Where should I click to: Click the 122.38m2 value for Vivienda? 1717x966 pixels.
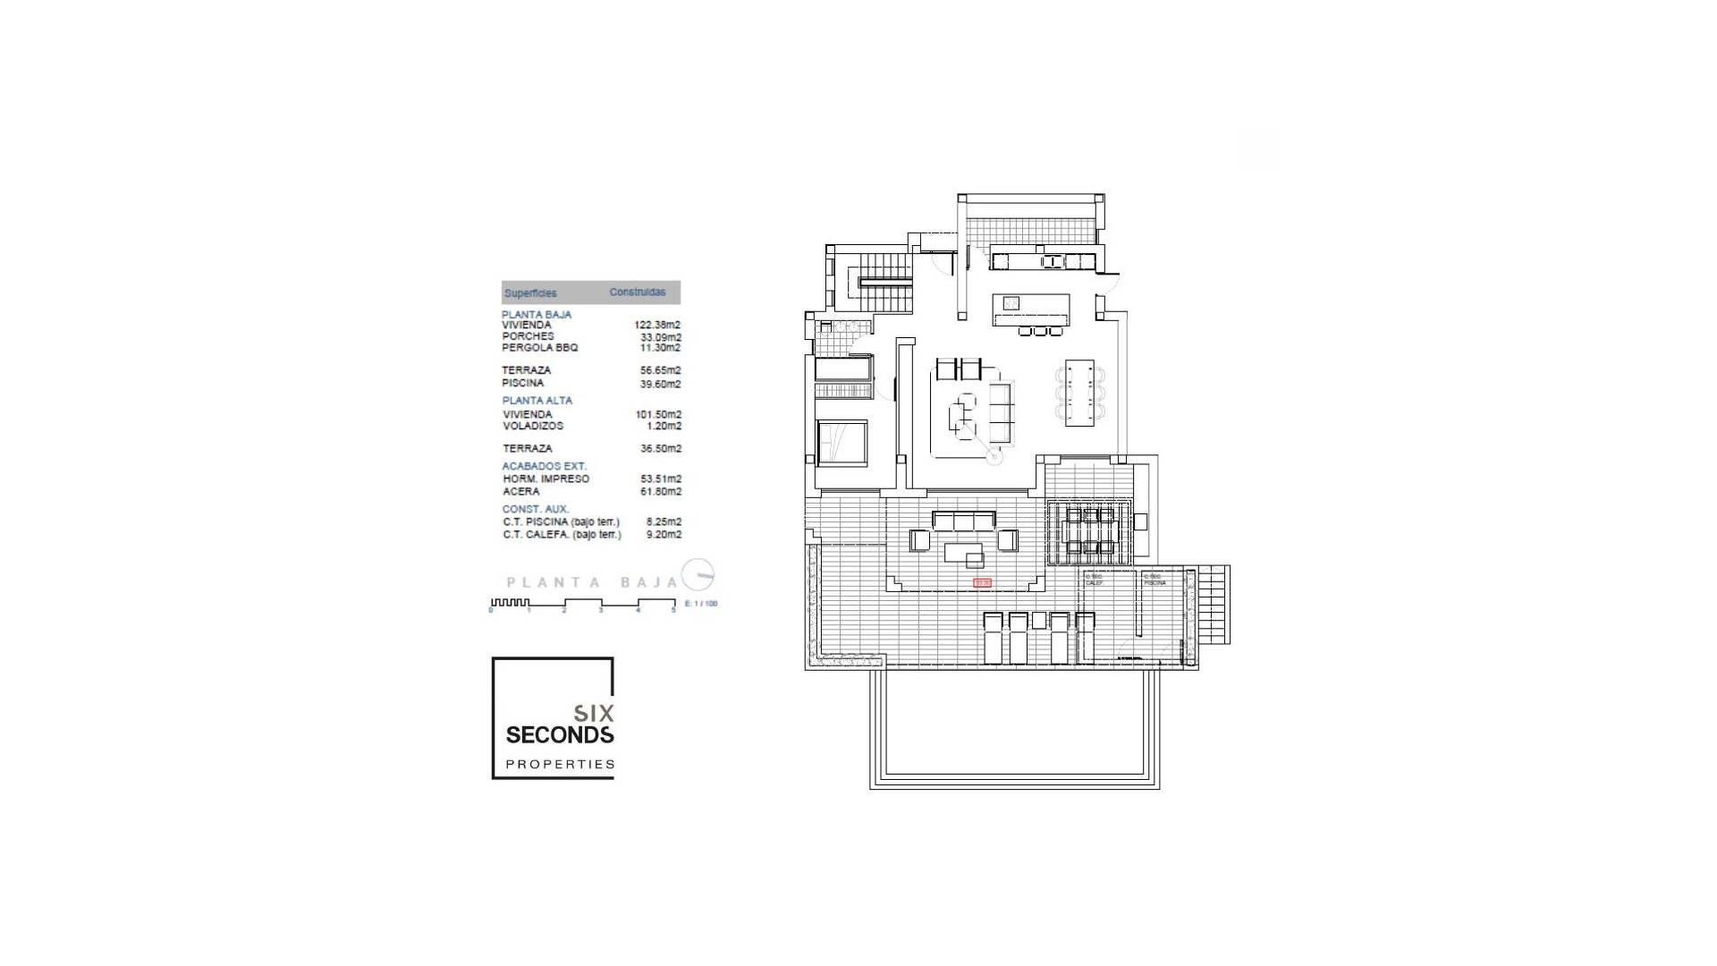(x=657, y=326)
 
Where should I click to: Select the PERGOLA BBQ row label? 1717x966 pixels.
(x=540, y=348)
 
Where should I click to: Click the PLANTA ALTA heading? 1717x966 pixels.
(x=537, y=401)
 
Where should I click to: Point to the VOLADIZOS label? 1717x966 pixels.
(x=533, y=427)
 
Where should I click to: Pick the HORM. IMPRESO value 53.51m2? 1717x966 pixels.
(x=661, y=479)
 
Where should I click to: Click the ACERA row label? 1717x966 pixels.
(x=520, y=492)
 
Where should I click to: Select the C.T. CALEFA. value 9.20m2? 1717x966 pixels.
(x=664, y=535)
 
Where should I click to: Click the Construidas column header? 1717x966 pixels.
(x=638, y=292)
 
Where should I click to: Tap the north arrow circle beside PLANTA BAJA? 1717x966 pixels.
(x=698, y=574)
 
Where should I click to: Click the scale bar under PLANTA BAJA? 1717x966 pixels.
(x=582, y=606)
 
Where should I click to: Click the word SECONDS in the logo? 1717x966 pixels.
(x=560, y=735)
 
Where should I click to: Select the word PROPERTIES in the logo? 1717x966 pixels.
(x=560, y=765)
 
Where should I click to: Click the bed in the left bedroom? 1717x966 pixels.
(x=842, y=443)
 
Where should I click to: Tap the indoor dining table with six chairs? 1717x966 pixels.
(x=1079, y=393)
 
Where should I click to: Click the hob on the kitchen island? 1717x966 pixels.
(x=1011, y=303)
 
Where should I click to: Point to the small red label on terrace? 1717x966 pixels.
(x=983, y=583)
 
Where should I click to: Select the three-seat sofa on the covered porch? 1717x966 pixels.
(x=963, y=521)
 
